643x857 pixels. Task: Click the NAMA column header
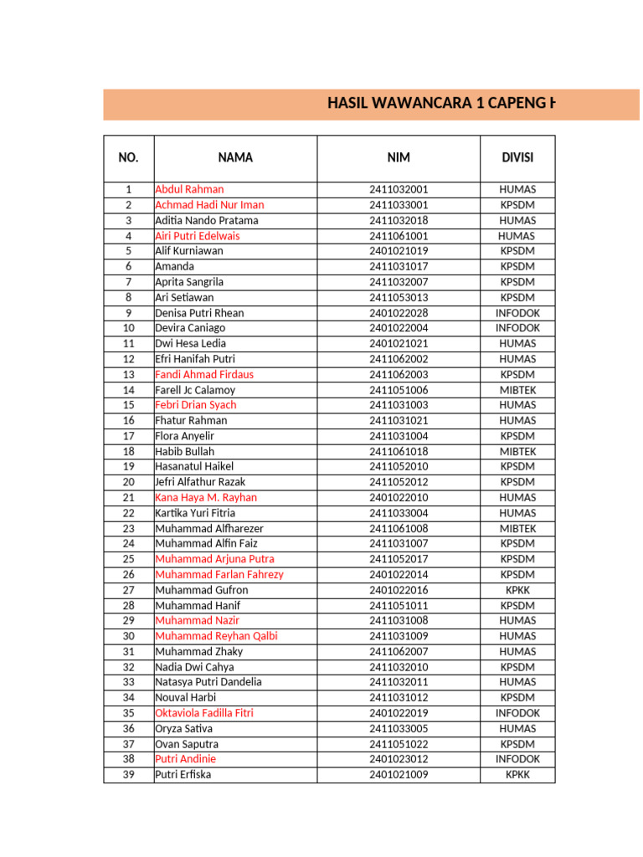click(x=235, y=157)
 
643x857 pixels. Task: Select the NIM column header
click(x=399, y=157)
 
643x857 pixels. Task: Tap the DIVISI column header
click(x=517, y=157)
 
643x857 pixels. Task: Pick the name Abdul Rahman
click(x=189, y=190)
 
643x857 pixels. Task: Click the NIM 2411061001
click(x=399, y=236)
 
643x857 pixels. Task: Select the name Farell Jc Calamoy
click(x=195, y=390)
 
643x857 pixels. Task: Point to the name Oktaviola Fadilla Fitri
click(x=204, y=713)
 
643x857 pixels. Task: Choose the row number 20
click(x=129, y=482)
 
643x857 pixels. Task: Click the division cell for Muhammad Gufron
click(x=517, y=590)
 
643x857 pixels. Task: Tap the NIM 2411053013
click(x=399, y=298)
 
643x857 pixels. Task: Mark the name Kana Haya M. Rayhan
click(x=206, y=498)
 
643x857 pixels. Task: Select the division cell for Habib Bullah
click(x=517, y=452)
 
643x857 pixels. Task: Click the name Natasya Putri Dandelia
click(x=208, y=682)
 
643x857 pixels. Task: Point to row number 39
click(x=129, y=775)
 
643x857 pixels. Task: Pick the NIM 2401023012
click(x=399, y=759)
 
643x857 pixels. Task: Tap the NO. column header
click(x=129, y=157)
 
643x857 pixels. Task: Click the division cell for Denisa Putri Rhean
click(x=517, y=313)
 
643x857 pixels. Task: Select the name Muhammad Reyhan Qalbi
click(x=216, y=636)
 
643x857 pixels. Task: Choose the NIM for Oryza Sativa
click(x=399, y=729)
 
